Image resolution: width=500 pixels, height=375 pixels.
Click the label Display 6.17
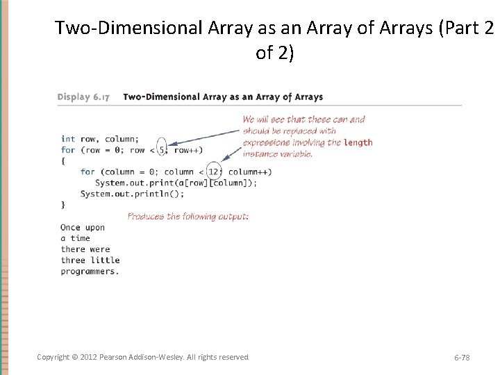click(x=83, y=97)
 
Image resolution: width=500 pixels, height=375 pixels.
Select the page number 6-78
click(x=462, y=357)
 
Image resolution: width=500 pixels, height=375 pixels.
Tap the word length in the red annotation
click(x=358, y=142)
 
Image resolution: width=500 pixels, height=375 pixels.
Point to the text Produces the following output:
click(x=187, y=217)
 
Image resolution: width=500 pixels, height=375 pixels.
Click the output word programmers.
click(x=90, y=272)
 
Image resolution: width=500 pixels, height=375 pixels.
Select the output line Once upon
click(x=83, y=227)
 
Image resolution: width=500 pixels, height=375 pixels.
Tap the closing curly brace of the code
click(x=63, y=204)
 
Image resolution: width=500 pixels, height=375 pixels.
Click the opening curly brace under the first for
click(x=63, y=160)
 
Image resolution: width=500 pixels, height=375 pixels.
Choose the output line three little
click(x=90, y=260)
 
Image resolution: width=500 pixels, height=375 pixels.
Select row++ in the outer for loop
click(x=187, y=150)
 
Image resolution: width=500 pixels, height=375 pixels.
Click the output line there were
click(x=85, y=249)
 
